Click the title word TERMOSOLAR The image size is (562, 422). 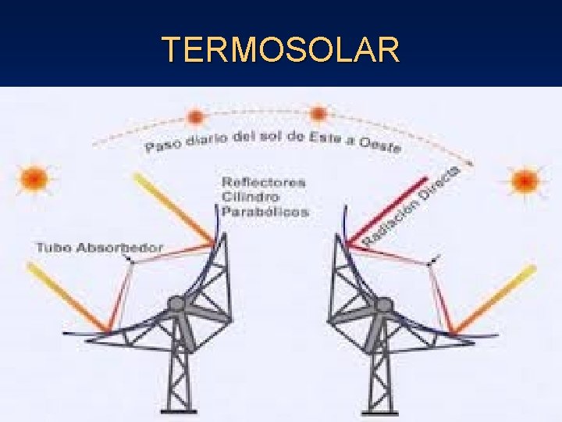[x=281, y=50]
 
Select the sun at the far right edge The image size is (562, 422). [x=524, y=182]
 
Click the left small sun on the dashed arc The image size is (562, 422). [x=194, y=117]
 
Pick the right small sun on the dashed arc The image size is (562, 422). [x=318, y=115]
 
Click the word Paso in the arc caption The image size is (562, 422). [x=162, y=145]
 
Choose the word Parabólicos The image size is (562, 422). [x=265, y=211]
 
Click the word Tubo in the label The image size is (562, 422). [x=52, y=248]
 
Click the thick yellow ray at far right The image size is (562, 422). [x=496, y=298]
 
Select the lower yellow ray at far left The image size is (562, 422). [x=66, y=297]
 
